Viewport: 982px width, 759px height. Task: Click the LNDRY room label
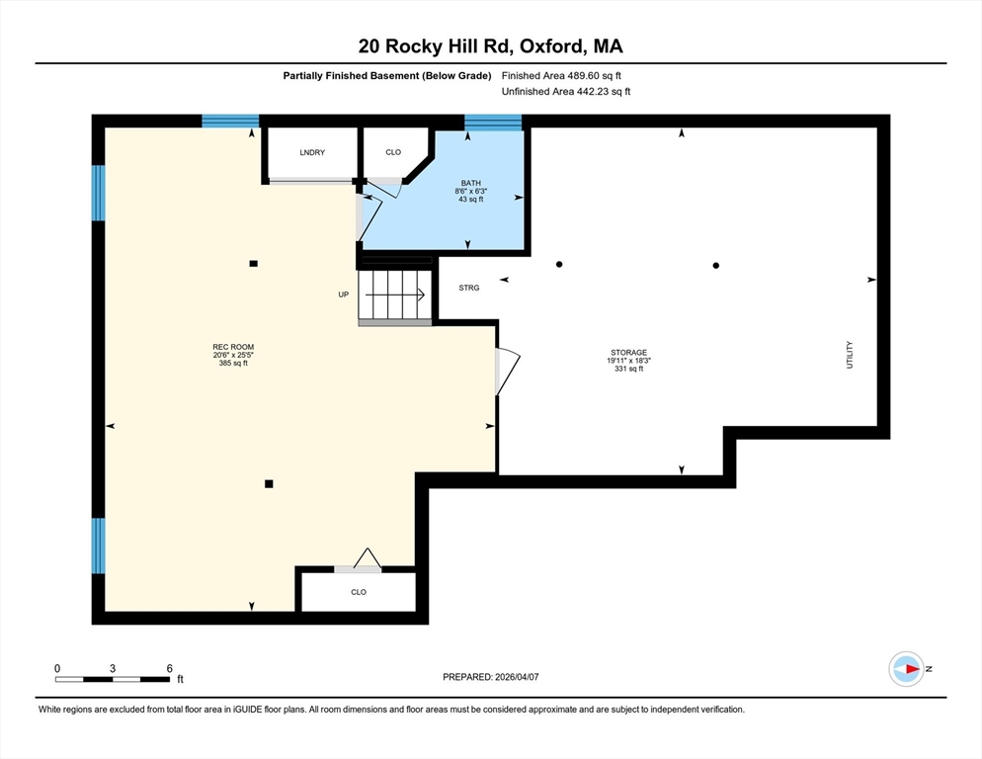coord(312,152)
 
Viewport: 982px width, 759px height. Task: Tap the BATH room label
coord(471,183)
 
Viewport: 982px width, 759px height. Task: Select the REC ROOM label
coord(233,347)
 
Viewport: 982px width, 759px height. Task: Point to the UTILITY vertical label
coord(850,355)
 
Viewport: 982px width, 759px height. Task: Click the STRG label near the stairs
coord(469,288)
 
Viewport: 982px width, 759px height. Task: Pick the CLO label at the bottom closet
coord(359,592)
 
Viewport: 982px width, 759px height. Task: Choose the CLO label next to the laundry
coord(393,152)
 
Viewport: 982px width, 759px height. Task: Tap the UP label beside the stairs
coord(343,295)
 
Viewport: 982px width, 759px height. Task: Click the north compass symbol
coord(907,669)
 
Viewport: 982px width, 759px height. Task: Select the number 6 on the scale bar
coord(169,668)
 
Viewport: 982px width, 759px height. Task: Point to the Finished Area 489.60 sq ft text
coord(561,76)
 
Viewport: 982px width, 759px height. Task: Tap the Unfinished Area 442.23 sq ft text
coord(566,92)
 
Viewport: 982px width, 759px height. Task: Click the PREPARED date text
coord(490,677)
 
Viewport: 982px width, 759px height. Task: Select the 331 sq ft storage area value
coord(628,369)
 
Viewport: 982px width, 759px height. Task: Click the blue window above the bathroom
coord(493,123)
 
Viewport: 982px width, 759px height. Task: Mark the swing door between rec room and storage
coord(507,372)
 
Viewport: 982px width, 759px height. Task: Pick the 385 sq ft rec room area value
coord(233,363)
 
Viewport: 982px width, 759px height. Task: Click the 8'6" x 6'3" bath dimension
coord(471,191)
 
